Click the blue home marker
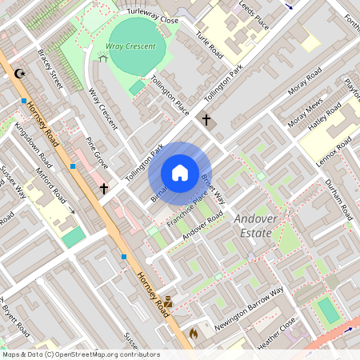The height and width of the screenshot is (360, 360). click(x=180, y=173)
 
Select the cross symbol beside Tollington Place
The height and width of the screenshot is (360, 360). click(x=206, y=120)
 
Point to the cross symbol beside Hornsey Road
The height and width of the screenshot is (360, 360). click(x=104, y=189)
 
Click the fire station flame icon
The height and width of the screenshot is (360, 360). click(x=192, y=332)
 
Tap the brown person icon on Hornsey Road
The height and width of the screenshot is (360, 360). click(x=168, y=302)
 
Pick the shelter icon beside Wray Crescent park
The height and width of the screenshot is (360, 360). click(x=102, y=58)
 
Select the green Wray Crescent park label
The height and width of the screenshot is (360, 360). click(x=132, y=46)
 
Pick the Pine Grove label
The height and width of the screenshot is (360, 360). click(x=97, y=154)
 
